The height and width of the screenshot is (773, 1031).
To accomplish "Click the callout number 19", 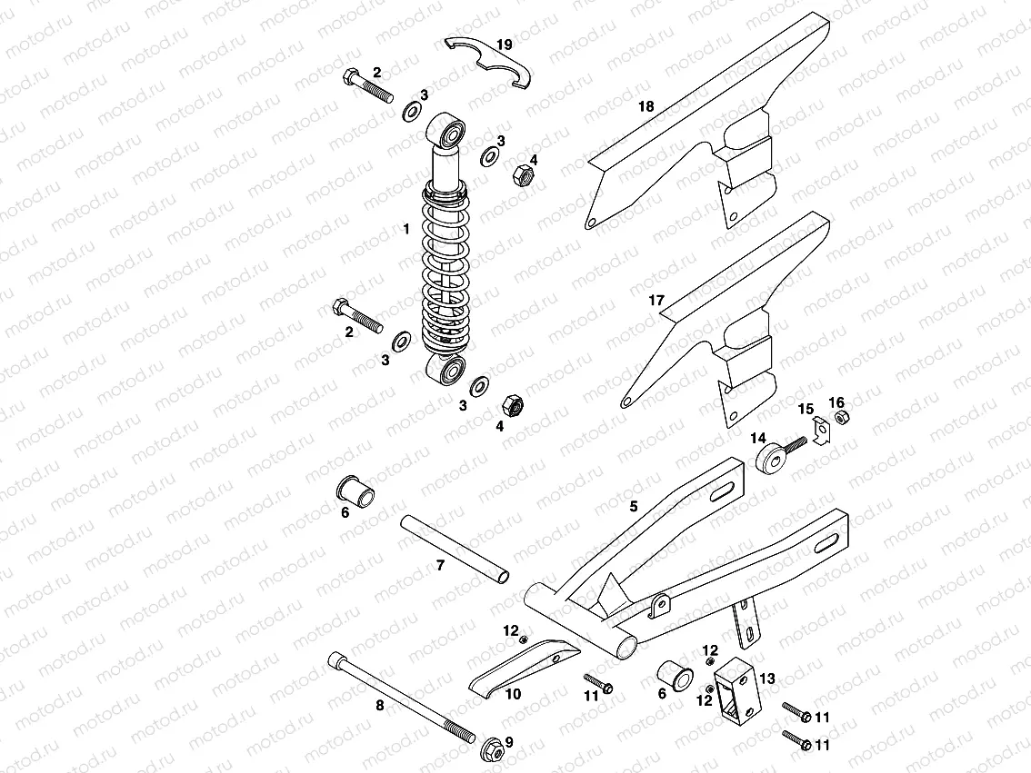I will click(505, 44).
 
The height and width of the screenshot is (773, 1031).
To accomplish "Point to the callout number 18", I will click(646, 106).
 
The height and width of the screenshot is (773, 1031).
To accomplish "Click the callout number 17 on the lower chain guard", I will click(656, 300).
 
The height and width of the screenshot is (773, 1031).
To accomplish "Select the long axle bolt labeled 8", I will click(400, 695).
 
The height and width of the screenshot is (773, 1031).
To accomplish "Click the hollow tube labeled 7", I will click(455, 550).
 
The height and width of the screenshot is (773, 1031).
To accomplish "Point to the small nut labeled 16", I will click(841, 417).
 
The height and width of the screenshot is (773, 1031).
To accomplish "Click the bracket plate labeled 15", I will click(818, 429).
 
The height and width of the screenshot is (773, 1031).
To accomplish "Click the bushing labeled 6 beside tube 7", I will click(357, 491).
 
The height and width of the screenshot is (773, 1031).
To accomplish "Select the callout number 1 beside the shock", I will click(407, 230).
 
